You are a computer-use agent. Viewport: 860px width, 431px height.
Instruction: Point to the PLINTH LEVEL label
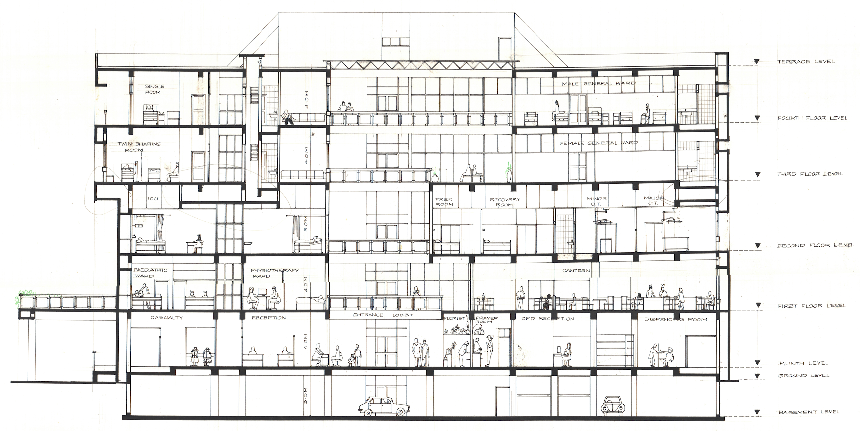(804, 363)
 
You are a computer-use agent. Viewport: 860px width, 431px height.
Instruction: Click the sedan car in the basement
(384, 406)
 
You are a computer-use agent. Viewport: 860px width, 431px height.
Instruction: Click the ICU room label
(153, 199)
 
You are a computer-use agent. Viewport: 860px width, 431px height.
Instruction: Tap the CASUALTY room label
(167, 317)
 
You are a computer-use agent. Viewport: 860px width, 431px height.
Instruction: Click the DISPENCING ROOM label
(676, 319)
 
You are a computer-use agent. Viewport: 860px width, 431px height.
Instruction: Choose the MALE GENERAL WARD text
(599, 83)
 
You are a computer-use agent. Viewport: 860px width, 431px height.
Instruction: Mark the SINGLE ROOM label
(155, 89)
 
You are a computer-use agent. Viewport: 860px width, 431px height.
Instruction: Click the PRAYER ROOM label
(486, 320)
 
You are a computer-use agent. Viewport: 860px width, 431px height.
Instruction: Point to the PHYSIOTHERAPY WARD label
(274, 273)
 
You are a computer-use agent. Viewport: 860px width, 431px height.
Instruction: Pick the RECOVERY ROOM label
(505, 202)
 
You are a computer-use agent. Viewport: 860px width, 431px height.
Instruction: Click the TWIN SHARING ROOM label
(139, 147)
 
